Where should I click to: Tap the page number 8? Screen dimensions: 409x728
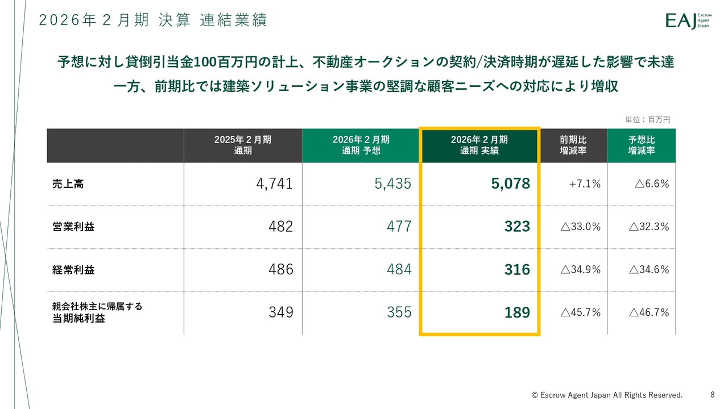(713, 394)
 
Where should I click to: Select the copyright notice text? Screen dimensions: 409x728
(607, 395)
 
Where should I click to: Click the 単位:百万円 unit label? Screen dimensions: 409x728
(648, 120)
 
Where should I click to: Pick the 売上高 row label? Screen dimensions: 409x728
(68, 183)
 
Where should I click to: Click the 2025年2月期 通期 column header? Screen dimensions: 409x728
(243, 145)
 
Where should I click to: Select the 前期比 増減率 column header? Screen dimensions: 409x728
(573, 145)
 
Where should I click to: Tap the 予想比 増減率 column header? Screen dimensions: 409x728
(642, 145)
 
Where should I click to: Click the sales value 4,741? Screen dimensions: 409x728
(275, 183)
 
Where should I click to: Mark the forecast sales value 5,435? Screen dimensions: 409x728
(393, 183)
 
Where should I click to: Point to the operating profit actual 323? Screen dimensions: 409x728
(517, 227)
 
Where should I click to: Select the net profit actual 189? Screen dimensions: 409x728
(517, 312)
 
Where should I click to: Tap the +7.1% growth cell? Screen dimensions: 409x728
(585, 184)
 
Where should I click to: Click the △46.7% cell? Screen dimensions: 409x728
(649, 312)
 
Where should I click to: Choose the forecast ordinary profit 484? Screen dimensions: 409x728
(399, 270)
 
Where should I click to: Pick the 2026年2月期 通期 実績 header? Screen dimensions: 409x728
(479, 145)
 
